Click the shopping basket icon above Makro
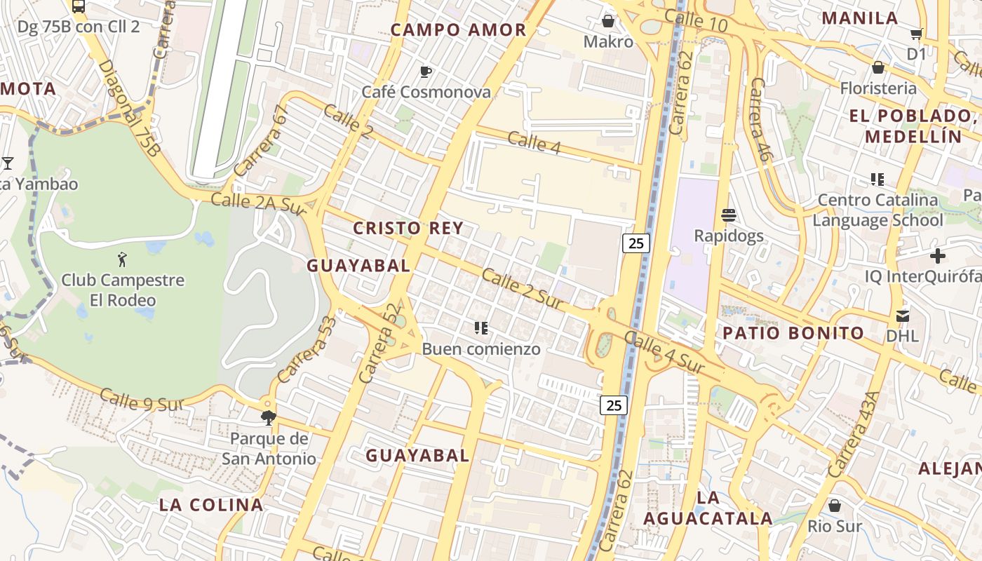608,22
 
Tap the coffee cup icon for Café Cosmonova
425,72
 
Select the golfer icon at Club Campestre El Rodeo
123,259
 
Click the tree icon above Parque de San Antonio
268,419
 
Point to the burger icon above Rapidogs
729,215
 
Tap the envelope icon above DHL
902,316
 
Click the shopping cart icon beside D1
916,34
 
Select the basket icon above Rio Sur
835,506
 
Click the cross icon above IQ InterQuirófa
937,256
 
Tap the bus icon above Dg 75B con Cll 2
79,7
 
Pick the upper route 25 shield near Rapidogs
635,243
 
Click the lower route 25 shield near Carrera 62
613,405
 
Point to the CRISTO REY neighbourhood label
408,228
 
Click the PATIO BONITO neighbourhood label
793,333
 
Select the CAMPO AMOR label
458,30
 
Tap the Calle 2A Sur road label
260,202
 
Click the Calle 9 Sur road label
142,400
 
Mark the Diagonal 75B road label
130,107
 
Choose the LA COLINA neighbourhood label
211,505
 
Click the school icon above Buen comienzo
481,327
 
